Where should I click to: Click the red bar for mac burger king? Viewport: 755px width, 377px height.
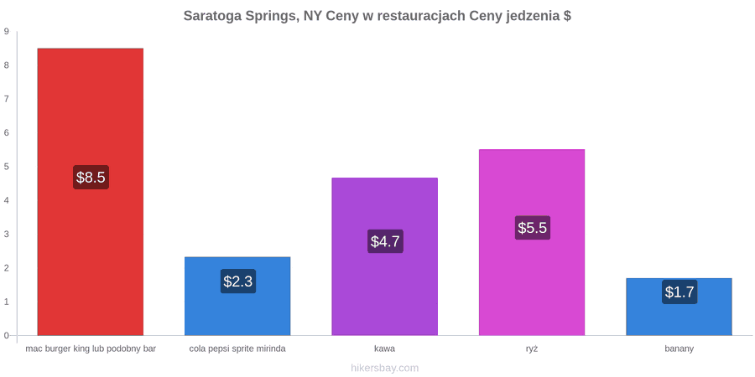(91, 192)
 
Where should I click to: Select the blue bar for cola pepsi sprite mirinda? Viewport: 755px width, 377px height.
(237, 297)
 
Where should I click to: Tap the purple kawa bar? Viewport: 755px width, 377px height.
(385, 256)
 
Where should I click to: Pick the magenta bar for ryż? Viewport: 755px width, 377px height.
(532, 242)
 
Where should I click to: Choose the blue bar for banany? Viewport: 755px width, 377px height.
(679, 307)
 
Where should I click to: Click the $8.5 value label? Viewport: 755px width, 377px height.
(91, 177)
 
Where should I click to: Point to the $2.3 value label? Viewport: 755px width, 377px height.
(238, 281)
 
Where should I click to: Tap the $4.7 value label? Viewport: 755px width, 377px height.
(385, 241)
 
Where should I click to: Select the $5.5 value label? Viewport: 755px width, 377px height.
(533, 227)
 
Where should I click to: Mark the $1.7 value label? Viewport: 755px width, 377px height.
(679, 292)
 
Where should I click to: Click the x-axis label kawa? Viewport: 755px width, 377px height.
(385, 349)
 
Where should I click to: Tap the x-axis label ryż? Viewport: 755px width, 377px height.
(532, 349)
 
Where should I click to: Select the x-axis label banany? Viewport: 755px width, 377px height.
(679, 349)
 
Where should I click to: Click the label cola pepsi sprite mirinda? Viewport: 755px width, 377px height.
(237, 349)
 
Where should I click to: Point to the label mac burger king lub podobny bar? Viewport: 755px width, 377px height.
(91, 349)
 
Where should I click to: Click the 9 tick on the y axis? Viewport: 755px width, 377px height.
(7, 32)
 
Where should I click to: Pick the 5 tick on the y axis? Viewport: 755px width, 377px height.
(7, 167)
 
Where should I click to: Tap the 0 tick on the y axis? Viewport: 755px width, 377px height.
(7, 336)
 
